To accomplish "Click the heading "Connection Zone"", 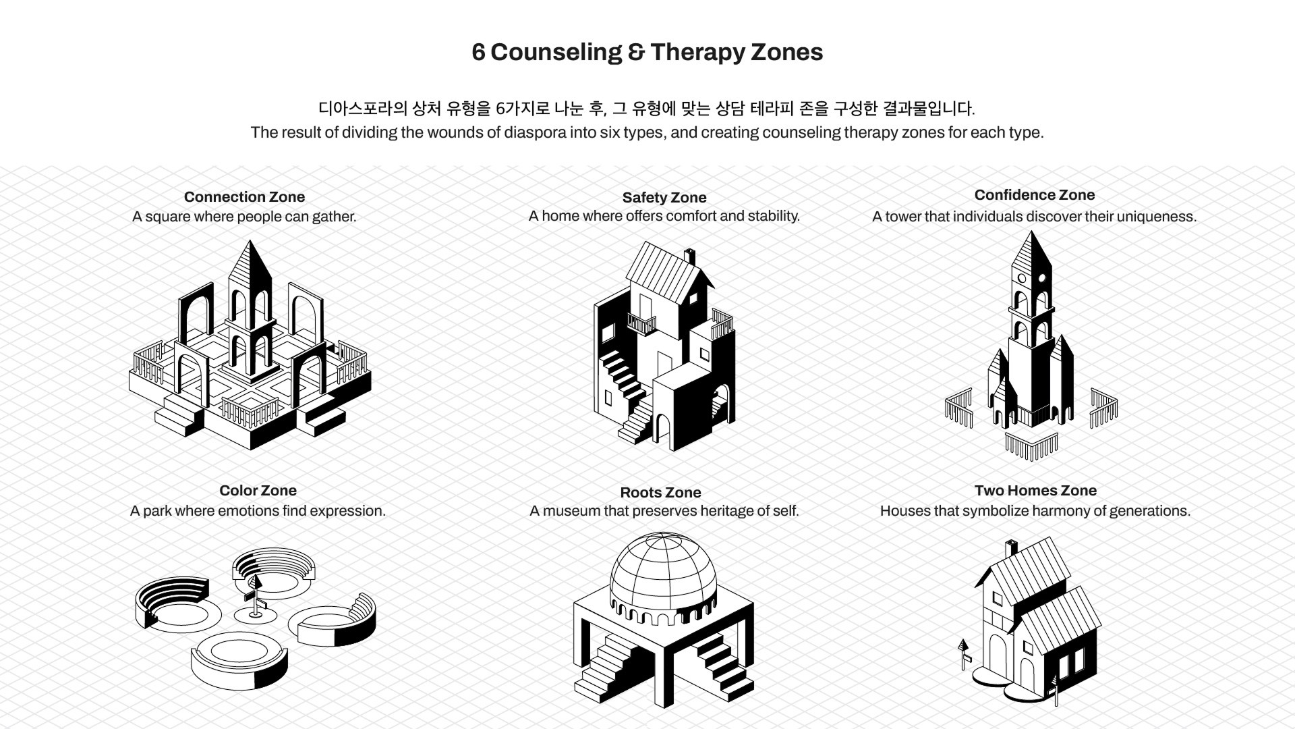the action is click(x=244, y=197).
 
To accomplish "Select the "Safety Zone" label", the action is click(x=664, y=198).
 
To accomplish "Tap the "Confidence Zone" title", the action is click(x=1034, y=195).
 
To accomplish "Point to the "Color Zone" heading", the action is click(x=258, y=491).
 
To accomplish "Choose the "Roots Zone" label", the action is click(x=660, y=493).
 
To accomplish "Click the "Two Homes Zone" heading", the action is click(x=1035, y=491).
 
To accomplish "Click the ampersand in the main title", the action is click(x=635, y=53).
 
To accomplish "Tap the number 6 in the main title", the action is click(x=478, y=53).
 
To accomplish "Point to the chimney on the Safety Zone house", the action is click(x=689, y=257).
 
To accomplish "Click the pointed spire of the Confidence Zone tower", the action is click(x=1031, y=250).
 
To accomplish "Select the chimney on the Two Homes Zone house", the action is click(x=1011, y=548).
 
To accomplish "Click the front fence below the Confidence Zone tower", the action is click(x=1031, y=446).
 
